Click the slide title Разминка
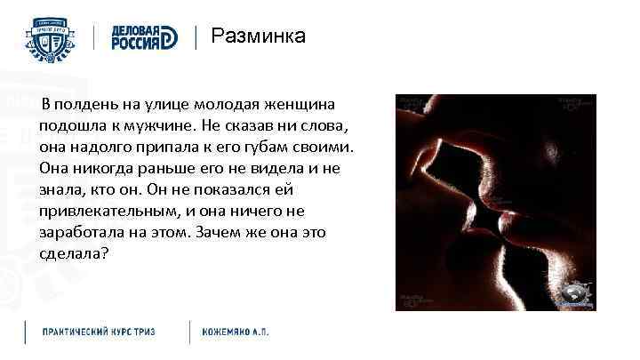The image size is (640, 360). tap(258, 36)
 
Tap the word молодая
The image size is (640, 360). tap(226, 105)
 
